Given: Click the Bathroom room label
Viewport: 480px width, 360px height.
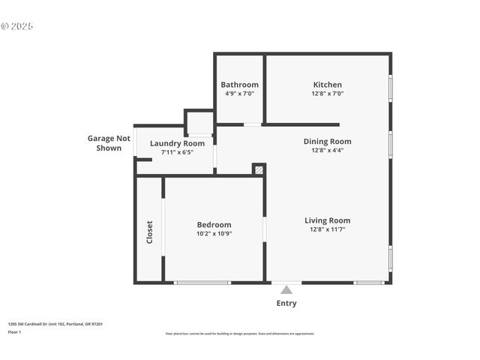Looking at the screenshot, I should (239, 85).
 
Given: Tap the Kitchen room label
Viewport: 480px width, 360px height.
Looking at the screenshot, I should (327, 85).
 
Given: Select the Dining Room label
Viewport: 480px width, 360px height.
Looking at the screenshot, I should (327, 141).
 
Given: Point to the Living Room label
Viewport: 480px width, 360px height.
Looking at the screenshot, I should (327, 220).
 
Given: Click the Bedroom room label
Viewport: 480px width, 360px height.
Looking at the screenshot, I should (214, 224).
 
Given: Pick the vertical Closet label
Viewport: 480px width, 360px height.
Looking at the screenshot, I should (149, 231).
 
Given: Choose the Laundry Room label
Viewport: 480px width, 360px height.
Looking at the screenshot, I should (177, 143).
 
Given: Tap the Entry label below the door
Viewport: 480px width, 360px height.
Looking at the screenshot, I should (286, 304).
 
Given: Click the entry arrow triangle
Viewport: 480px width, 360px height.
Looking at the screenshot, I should (286, 289).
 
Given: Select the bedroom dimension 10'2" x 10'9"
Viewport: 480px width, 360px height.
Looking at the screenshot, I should (214, 234).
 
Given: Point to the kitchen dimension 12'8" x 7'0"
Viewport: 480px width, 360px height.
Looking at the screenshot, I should (327, 94).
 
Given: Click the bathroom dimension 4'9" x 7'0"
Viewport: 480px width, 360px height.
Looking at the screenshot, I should (239, 94).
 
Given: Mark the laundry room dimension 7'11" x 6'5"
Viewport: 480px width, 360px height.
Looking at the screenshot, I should (177, 152).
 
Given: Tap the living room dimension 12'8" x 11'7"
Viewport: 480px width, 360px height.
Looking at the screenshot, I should (327, 229).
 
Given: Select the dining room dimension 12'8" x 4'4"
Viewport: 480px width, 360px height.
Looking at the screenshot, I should (327, 150).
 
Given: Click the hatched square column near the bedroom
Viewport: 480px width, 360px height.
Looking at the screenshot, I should (259, 170).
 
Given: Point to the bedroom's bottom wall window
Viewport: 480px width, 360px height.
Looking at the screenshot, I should (202, 283).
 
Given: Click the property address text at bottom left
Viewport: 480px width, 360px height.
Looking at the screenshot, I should (55, 324).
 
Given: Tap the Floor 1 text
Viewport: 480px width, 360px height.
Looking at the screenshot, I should (15, 331).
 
